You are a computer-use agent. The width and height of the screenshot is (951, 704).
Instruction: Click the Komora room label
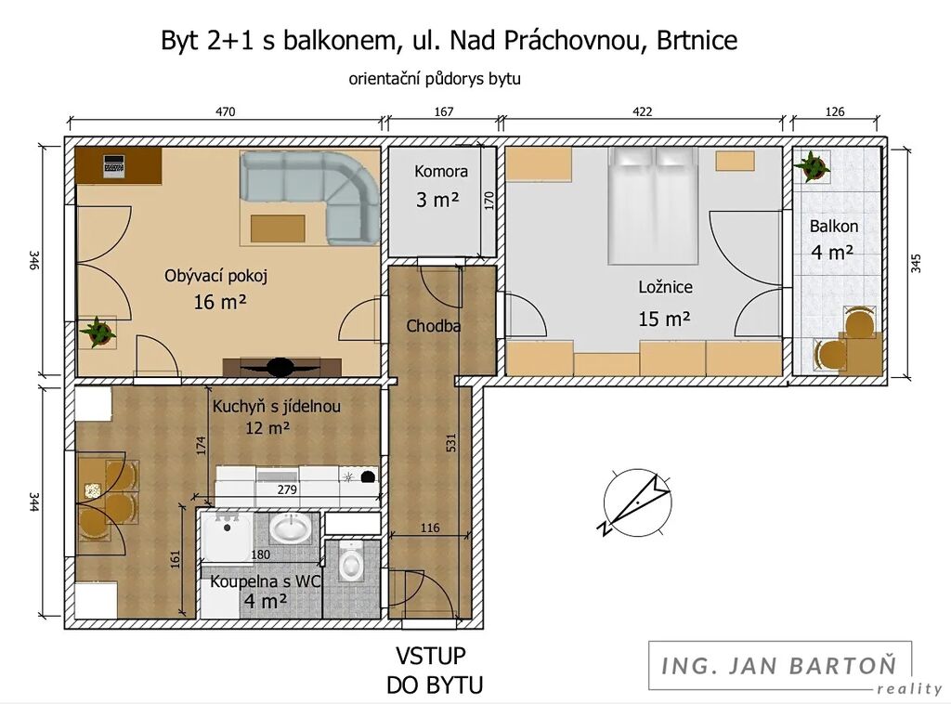click(441, 172)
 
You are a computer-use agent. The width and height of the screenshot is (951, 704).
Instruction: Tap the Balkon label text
click(834, 227)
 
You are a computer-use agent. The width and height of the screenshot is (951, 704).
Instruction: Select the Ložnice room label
click(665, 287)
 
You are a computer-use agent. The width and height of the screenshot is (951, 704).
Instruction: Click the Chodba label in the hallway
click(433, 326)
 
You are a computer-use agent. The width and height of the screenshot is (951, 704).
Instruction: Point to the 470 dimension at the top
click(225, 111)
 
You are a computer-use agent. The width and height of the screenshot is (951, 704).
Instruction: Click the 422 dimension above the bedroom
click(643, 111)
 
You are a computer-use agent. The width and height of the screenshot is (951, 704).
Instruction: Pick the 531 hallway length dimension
click(450, 442)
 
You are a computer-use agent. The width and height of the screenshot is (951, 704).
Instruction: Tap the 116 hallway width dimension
click(430, 528)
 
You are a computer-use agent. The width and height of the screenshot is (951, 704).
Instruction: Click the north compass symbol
click(637, 502)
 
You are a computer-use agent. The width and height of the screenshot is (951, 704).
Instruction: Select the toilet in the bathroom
click(350, 562)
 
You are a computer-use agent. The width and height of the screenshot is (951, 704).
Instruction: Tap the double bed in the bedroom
click(654, 205)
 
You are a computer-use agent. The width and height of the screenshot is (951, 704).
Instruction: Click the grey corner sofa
click(316, 193)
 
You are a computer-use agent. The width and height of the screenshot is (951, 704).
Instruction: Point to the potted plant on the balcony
click(811, 166)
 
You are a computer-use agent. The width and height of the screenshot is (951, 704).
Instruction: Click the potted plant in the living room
click(97, 332)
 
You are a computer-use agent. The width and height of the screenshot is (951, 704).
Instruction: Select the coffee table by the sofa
click(278, 228)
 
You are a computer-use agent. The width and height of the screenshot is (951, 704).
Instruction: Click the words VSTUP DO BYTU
click(435, 671)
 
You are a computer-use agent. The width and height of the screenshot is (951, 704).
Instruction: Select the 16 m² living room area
click(219, 302)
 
